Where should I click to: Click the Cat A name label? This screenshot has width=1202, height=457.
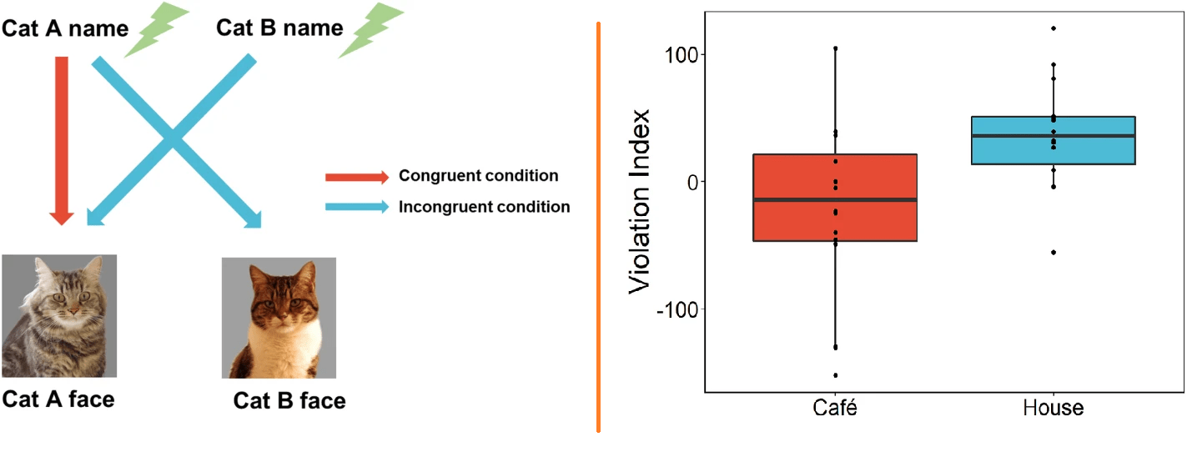pyautogui.click(x=66, y=28)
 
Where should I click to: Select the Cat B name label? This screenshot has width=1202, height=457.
pyautogui.click(x=279, y=28)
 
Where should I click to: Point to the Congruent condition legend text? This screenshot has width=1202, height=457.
pyautogui.click(x=478, y=176)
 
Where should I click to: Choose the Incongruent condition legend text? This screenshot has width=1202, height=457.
pyautogui.click(x=484, y=207)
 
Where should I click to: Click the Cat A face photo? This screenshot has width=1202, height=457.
pyautogui.click(x=59, y=316)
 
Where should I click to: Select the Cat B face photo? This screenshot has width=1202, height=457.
pyautogui.click(x=279, y=318)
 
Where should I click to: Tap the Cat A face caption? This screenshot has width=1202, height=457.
pyautogui.click(x=58, y=399)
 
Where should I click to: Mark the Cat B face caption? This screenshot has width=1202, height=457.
pyautogui.click(x=289, y=401)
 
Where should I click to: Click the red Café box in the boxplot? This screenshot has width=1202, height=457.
pyautogui.click(x=835, y=198)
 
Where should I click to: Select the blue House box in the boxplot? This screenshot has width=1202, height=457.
pyautogui.click(x=1053, y=140)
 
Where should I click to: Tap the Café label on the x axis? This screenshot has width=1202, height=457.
pyautogui.click(x=835, y=409)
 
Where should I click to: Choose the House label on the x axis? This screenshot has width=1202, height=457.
pyautogui.click(x=1053, y=409)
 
